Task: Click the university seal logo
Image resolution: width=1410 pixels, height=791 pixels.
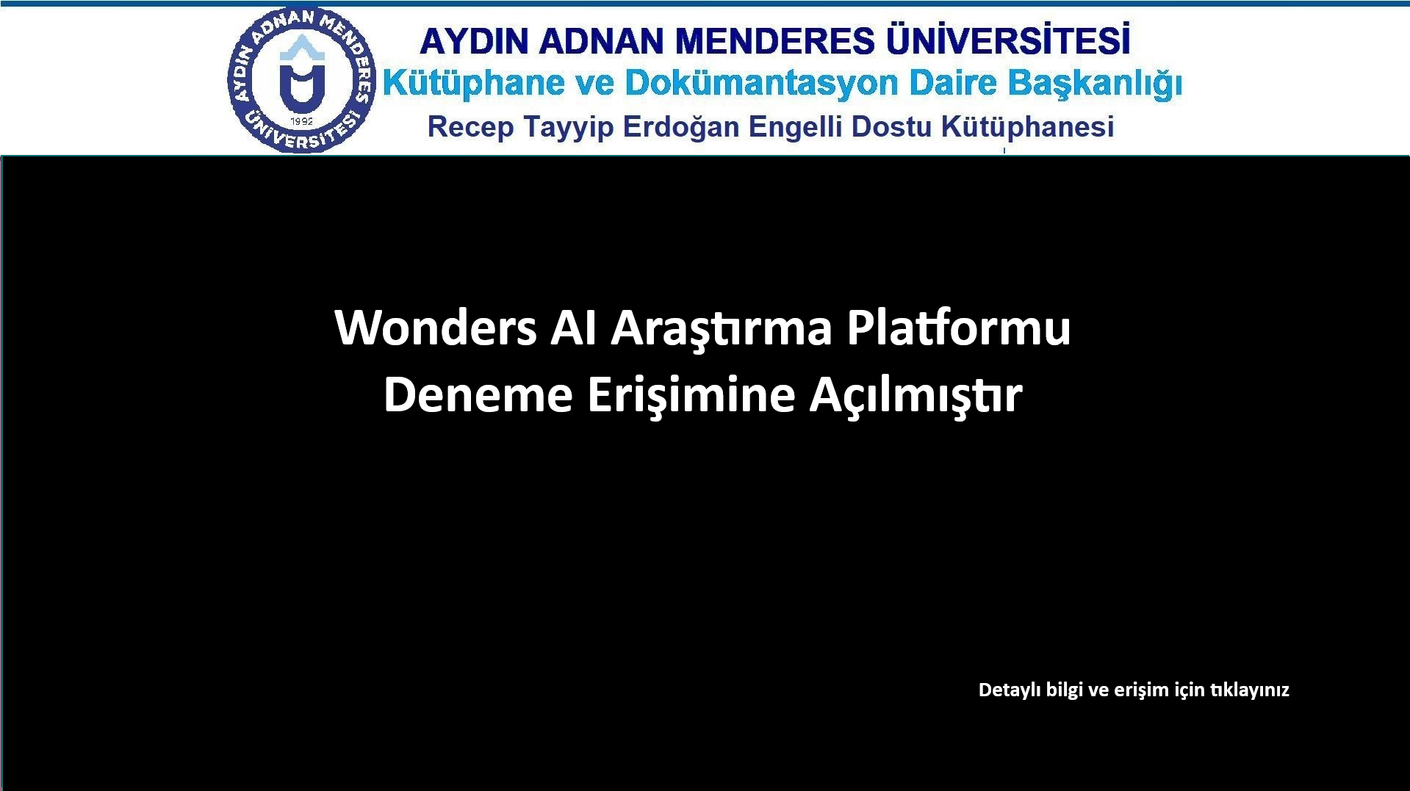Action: pos(301,81)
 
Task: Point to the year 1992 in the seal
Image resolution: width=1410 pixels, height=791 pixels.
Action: pos(302,121)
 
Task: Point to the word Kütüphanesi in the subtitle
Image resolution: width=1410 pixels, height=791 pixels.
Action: pos(1028,127)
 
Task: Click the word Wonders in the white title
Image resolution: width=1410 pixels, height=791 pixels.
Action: pos(436,328)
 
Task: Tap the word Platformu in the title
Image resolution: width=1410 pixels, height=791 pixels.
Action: pos(959,328)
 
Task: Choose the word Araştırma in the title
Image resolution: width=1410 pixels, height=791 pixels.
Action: pos(722,329)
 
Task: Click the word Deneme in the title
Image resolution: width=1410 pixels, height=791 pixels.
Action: pos(478,395)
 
